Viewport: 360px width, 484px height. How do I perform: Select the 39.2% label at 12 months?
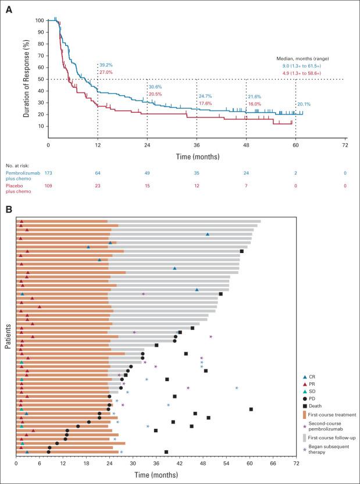click(x=106, y=65)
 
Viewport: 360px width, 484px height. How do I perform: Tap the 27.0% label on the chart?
click(x=106, y=72)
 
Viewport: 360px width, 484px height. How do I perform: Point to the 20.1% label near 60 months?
click(x=304, y=105)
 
